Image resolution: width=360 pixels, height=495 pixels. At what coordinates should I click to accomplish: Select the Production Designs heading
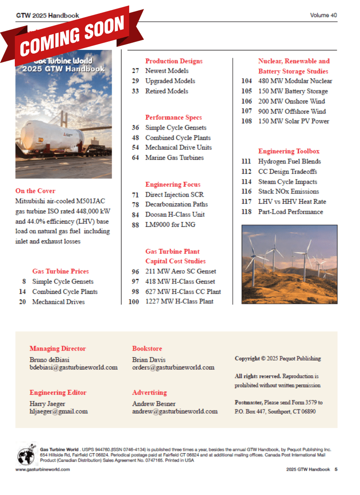pos(174,61)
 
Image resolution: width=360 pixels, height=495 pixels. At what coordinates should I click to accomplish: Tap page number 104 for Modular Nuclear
pos(246,81)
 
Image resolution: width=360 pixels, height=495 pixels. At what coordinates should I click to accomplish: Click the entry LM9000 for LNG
pos(170,224)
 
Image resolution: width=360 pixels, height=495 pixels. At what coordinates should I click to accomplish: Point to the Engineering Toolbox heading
pos(289,151)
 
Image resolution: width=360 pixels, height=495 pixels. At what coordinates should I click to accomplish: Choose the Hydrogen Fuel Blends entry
pos(289,162)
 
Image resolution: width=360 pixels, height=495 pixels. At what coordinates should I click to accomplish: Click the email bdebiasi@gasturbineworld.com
pos(73,367)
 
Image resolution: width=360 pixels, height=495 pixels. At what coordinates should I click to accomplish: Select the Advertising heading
pos(149,392)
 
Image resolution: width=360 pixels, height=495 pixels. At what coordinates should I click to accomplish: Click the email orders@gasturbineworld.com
pos(173,367)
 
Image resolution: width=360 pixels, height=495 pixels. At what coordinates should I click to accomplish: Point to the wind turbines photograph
pos(289,264)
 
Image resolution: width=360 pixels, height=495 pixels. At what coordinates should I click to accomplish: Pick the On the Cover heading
pos(35,191)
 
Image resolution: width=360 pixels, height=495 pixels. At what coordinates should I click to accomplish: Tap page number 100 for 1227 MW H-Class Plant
pos(134,301)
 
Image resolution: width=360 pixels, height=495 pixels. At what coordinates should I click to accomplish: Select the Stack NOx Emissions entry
pos(288,192)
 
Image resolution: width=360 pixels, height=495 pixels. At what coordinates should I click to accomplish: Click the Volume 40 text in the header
pos(323,15)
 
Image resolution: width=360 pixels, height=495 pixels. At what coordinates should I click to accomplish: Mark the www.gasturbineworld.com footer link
pos(43,469)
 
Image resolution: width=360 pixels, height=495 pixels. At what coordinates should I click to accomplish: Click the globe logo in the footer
pos(26,455)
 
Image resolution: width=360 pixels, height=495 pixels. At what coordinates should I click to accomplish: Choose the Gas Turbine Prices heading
pos(60,271)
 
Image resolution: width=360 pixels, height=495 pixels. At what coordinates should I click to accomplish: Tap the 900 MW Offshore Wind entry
pos(292,111)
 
